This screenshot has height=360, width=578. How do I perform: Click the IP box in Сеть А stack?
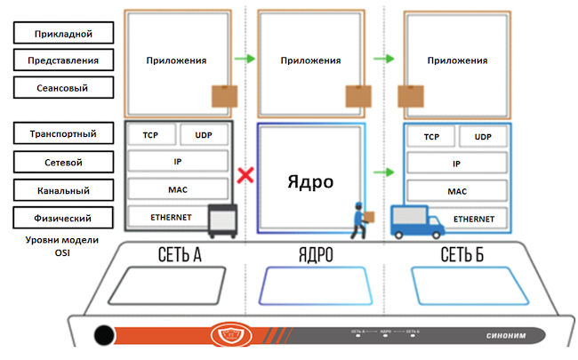pos(178,163)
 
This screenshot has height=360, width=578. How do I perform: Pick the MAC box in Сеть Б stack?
pos(457,190)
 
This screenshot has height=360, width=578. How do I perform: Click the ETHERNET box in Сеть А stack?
pos(165,217)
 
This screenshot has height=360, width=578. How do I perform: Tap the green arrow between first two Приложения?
pos(245,60)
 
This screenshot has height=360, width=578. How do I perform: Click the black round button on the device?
pos(105,336)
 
